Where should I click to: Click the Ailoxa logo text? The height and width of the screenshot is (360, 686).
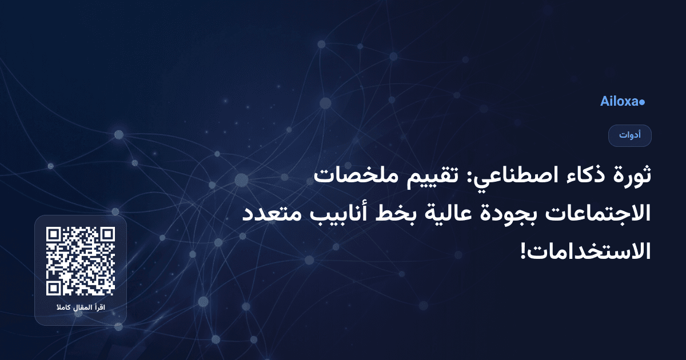(x=619, y=102)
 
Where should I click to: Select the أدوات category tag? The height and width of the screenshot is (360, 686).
(x=630, y=135)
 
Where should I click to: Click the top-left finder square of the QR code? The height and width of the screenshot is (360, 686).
(x=54, y=234)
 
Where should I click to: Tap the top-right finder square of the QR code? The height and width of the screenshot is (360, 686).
(x=107, y=234)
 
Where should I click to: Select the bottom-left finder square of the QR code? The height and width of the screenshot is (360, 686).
(x=54, y=288)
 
